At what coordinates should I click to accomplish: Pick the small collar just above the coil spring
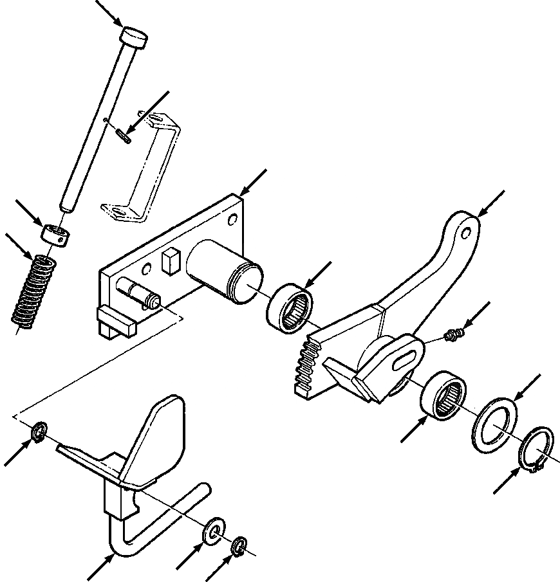(54, 233)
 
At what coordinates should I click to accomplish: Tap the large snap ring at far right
(536, 453)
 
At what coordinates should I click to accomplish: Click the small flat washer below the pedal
(213, 531)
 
